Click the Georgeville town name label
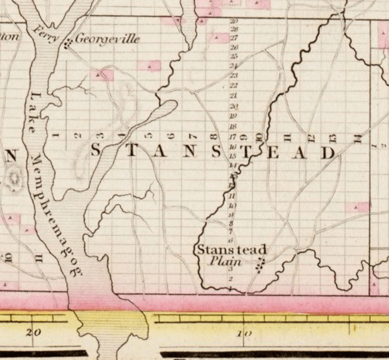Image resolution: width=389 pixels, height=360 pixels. [x=108, y=40]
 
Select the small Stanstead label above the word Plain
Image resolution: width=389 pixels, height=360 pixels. [x=231, y=250]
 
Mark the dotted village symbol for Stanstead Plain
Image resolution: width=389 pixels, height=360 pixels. [x=261, y=265]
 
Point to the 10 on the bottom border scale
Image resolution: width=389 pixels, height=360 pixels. [x=244, y=333]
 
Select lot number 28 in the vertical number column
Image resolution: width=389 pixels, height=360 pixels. [x=234, y=28]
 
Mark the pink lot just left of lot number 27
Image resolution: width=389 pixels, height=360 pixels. [x=219, y=38]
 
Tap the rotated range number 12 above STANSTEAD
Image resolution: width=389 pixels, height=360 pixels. [x=311, y=137]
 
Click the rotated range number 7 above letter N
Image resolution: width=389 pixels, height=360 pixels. [x=192, y=137]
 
